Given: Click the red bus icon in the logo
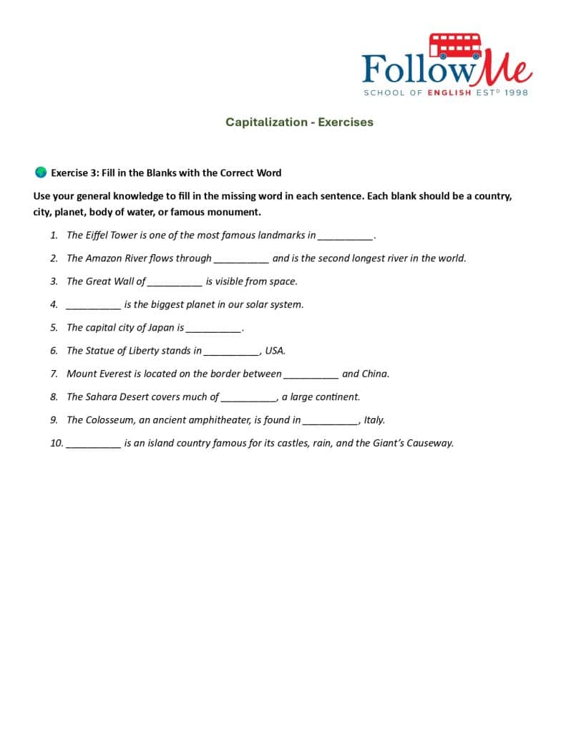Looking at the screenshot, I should click(454, 45).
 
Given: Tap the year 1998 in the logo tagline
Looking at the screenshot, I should click(516, 93).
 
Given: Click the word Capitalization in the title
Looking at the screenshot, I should click(266, 122).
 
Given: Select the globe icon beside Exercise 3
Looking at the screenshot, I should click(40, 173).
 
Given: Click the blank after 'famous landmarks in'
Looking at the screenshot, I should click(344, 236).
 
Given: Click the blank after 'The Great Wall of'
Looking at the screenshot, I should click(175, 282).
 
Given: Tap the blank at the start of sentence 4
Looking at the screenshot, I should click(93, 305).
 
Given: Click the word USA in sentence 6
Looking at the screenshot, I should click(275, 351).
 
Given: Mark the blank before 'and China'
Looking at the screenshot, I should click(311, 374).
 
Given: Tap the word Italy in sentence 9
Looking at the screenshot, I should click(374, 420).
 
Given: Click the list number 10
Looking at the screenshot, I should click(57, 443).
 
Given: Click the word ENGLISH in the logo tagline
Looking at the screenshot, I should click(449, 93).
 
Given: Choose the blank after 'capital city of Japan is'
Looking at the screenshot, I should click(213, 329).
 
